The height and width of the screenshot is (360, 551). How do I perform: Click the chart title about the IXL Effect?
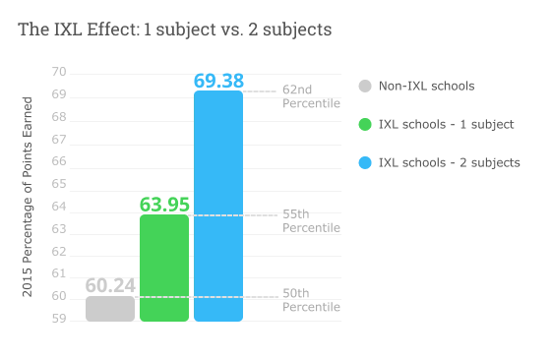pos(174,30)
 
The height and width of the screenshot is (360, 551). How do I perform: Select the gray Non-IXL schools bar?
pos(110,309)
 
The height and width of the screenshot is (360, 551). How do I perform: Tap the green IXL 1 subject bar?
pos(164,268)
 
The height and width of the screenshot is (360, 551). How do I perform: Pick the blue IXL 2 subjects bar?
pos(218,207)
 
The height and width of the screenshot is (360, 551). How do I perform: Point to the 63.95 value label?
pos(164,205)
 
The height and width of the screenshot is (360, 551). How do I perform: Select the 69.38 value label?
pos(218,81)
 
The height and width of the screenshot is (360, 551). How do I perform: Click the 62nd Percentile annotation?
pos(311,96)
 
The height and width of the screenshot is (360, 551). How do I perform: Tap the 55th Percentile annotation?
pos(311,220)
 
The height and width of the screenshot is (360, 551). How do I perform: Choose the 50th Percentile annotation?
pos(311,300)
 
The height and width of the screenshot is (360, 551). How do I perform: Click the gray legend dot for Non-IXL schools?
pos(366,86)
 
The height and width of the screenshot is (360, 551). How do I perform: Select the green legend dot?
pos(366,124)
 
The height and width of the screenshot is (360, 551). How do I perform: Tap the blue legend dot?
pos(366,162)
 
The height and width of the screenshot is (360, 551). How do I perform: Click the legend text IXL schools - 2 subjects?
pos(450,162)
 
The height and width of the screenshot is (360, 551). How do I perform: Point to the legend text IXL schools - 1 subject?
pos(446,124)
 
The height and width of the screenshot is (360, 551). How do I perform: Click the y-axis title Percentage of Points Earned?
pos(28,197)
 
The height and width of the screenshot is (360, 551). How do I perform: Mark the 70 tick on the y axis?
pos(59,72)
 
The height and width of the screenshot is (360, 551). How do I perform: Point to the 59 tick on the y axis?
pos(59,319)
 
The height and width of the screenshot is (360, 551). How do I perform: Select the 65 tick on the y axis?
pos(59,184)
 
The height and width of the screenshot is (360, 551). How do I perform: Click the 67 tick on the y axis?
pos(59,139)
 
